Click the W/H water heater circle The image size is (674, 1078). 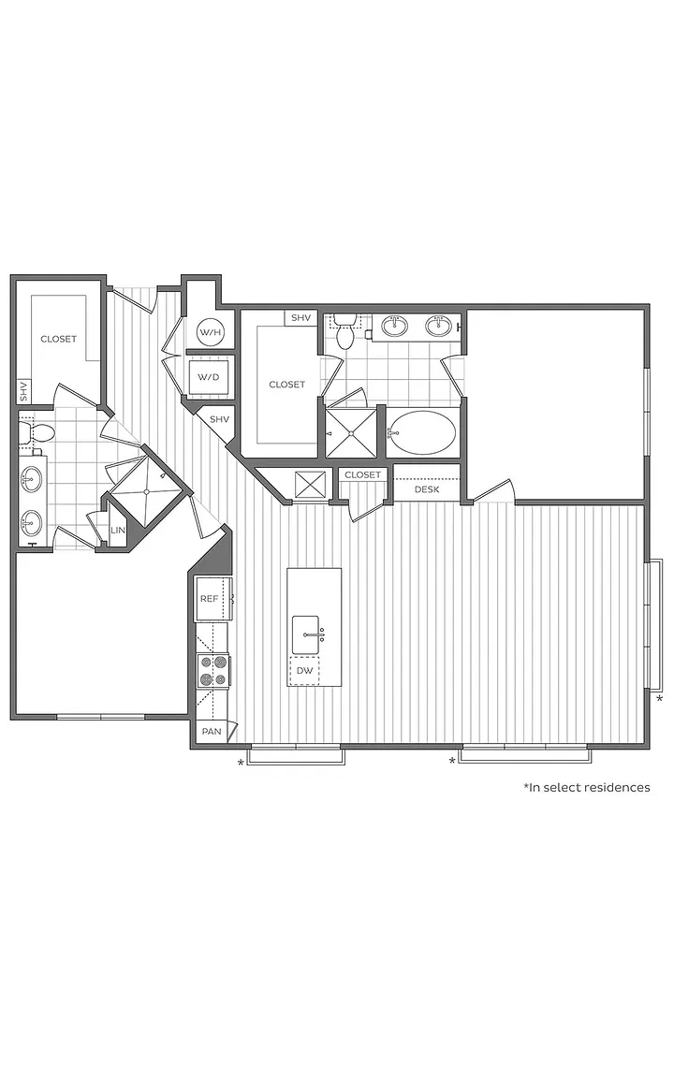pyautogui.click(x=211, y=332)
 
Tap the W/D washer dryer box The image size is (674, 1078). pyautogui.click(x=209, y=377)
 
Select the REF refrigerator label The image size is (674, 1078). pyautogui.click(x=209, y=599)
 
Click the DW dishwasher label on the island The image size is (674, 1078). pyautogui.click(x=304, y=670)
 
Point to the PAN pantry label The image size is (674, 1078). pyautogui.click(x=212, y=731)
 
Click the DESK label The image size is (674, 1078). pyautogui.click(x=427, y=489)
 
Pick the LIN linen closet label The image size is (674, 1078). pyautogui.click(x=118, y=530)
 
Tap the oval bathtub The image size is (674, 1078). pyautogui.click(x=421, y=433)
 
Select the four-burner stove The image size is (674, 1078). pyautogui.click(x=212, y=671)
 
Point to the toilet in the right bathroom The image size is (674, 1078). pyautogui.click(x=344, y=330)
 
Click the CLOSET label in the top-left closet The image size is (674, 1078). pyautogui.click(x=58, y=339)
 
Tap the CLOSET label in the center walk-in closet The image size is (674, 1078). pyautogui.click(x=286, y=385)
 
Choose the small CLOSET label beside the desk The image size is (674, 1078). pyautogui.click(x=362, y=475)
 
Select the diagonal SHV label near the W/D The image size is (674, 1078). pyautogui.click(x=219, y=419)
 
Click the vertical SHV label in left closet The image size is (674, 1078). pyautogui.click(x=23, y=392)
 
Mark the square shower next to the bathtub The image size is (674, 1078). pyautogui.click(x=351, y=433)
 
